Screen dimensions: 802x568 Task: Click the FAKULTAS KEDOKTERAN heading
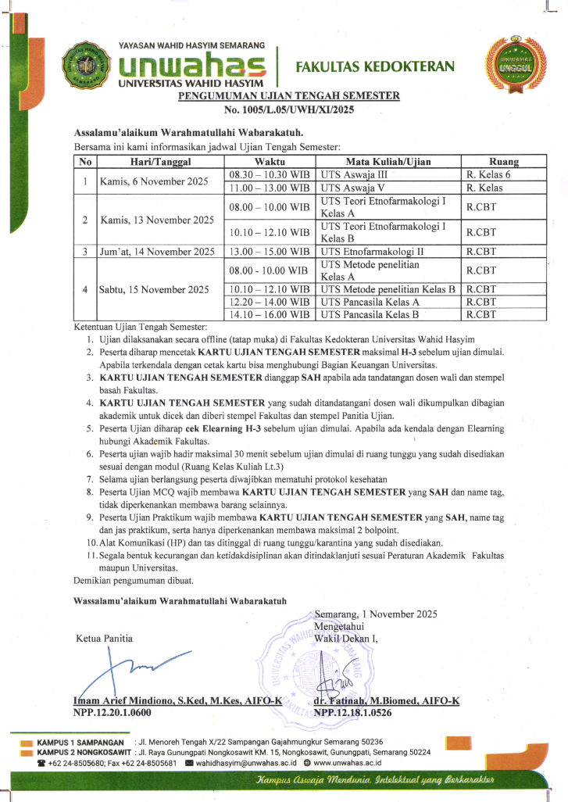click(x=375, y=67)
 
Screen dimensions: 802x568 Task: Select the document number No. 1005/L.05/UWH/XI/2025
click(x=289, y=109)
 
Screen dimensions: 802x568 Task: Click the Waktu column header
click(x=270, y=162)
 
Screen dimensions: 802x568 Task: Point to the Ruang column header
click(x=504, y=162)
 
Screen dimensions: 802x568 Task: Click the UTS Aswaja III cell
click(x=354, y=175)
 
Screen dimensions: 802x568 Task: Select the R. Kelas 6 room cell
click(x=488, y=175)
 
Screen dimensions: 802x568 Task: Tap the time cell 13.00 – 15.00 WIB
click(x=270, y=252)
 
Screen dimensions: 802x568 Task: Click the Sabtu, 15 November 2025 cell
click(x=154, y=289)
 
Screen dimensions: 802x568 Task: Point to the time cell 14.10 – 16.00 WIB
click(x=270, y=315)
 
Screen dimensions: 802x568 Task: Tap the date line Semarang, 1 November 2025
click(x=375, y=614)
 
